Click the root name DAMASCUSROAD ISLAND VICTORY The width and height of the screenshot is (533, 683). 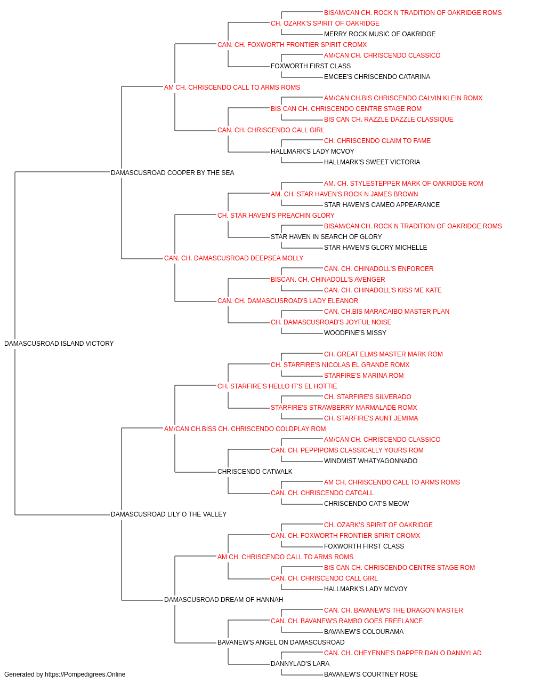pyautogui.click(x=59, y=344)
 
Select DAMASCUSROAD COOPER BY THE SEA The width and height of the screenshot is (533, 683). pyautogui.click(x=172, y=173)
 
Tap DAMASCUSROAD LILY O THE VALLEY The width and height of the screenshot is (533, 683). pyautogui.click(x=168, y=514)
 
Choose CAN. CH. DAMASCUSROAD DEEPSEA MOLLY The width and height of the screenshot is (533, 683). pyautogui.click(x=233, y=258)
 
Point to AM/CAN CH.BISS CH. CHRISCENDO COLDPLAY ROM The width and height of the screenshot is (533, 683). pyautogui.click(x=245, y=429)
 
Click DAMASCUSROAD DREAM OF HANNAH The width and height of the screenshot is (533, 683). pyautogui.click(x=223, y=600)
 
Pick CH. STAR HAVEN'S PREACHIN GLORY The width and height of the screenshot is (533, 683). pyautogui.click(x=276, y=216)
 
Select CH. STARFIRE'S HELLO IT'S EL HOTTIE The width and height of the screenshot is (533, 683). pyautogui.click(x=277, y=386)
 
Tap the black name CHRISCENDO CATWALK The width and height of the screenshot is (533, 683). pyautogui.click(x=255, y=472)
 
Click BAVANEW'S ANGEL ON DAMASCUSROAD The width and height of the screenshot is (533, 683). pyautogui.click(x=281, y=642)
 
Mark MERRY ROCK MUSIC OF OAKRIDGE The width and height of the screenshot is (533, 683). pyautogui.click(x=380, y=34)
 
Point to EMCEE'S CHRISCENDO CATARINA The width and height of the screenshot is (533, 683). pyautogui.click(x=377, y=77)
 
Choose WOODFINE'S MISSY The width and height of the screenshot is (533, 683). pyautogui.click(x=355, y=333)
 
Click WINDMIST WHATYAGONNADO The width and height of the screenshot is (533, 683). pyautogui.click(x=371, y=461)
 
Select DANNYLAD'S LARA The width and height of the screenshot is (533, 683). pyautogui.click(x=300, y=663)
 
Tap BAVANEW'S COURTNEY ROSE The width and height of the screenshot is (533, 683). pyautogui.click(x=371, y=674)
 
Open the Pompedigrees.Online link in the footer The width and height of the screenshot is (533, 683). pyautogui.click(x=85, y=674)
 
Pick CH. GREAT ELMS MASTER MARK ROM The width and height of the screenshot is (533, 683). pyautogui.click(x=383, y=354)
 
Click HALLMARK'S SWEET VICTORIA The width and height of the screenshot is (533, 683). pyautogui.click(x=372, y=162)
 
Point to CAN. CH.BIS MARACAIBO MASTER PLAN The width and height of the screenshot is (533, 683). pyautogui.click(x=387, y=312)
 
